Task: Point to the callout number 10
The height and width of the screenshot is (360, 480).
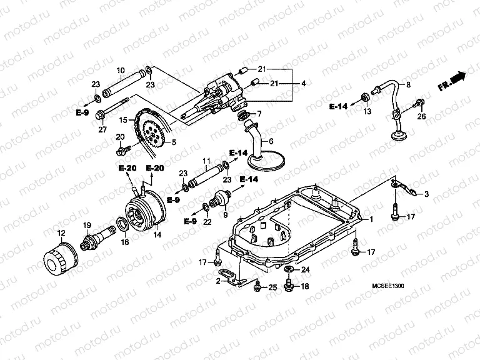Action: (x=121, y=70)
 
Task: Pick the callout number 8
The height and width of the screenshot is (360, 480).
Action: (x=409, y=84)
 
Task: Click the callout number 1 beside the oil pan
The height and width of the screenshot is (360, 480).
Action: (x=371, y=219)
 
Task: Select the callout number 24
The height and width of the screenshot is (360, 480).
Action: (x=306, y=270)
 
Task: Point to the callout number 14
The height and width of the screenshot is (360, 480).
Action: (x=157, y=235)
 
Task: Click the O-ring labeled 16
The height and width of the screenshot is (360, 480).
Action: (x=124, y=223)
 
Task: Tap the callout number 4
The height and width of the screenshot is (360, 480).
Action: (x=304, y=83)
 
